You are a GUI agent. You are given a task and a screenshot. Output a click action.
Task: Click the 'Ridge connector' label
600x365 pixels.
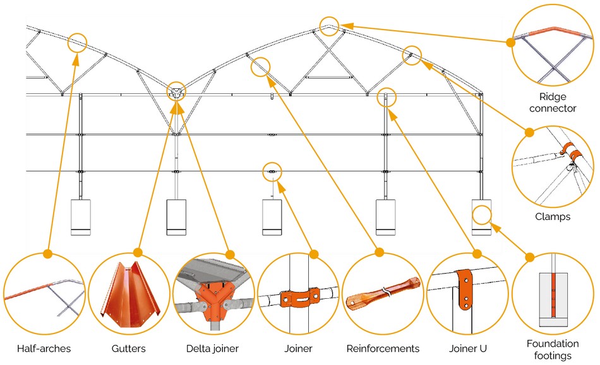[x=553, y=102]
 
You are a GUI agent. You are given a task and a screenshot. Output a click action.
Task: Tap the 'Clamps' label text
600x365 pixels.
[x=553, y=217]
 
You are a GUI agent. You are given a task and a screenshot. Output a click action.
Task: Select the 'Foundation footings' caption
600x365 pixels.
[x=553, y=349]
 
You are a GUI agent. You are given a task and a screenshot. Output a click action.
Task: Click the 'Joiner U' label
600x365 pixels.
[x=467, y=348]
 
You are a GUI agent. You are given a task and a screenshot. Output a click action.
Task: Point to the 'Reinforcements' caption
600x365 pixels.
[x=383, y=348]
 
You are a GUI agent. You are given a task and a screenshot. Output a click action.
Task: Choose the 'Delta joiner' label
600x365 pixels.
[x=212, y=348]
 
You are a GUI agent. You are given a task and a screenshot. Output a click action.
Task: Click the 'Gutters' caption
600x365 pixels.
[x=129, y=348]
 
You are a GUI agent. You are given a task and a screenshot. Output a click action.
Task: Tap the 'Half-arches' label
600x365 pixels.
[x=44, y=348]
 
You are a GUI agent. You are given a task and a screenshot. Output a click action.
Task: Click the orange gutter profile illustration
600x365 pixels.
[x=130, y=296]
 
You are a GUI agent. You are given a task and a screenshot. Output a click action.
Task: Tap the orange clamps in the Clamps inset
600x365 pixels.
[x=570, y=152]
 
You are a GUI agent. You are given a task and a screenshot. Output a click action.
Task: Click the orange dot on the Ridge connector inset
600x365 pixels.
[x=510, y=42]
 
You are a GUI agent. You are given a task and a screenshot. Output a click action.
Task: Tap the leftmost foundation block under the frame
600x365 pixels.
[x=81, y=217]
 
